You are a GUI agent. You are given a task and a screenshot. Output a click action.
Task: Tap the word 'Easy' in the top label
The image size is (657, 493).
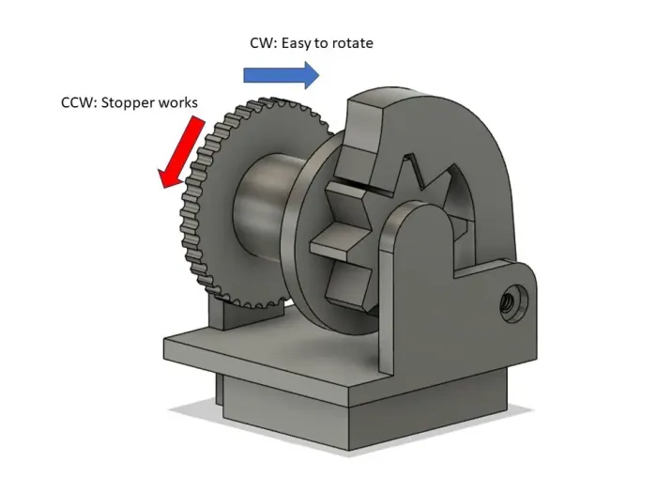(x=298, y=43)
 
